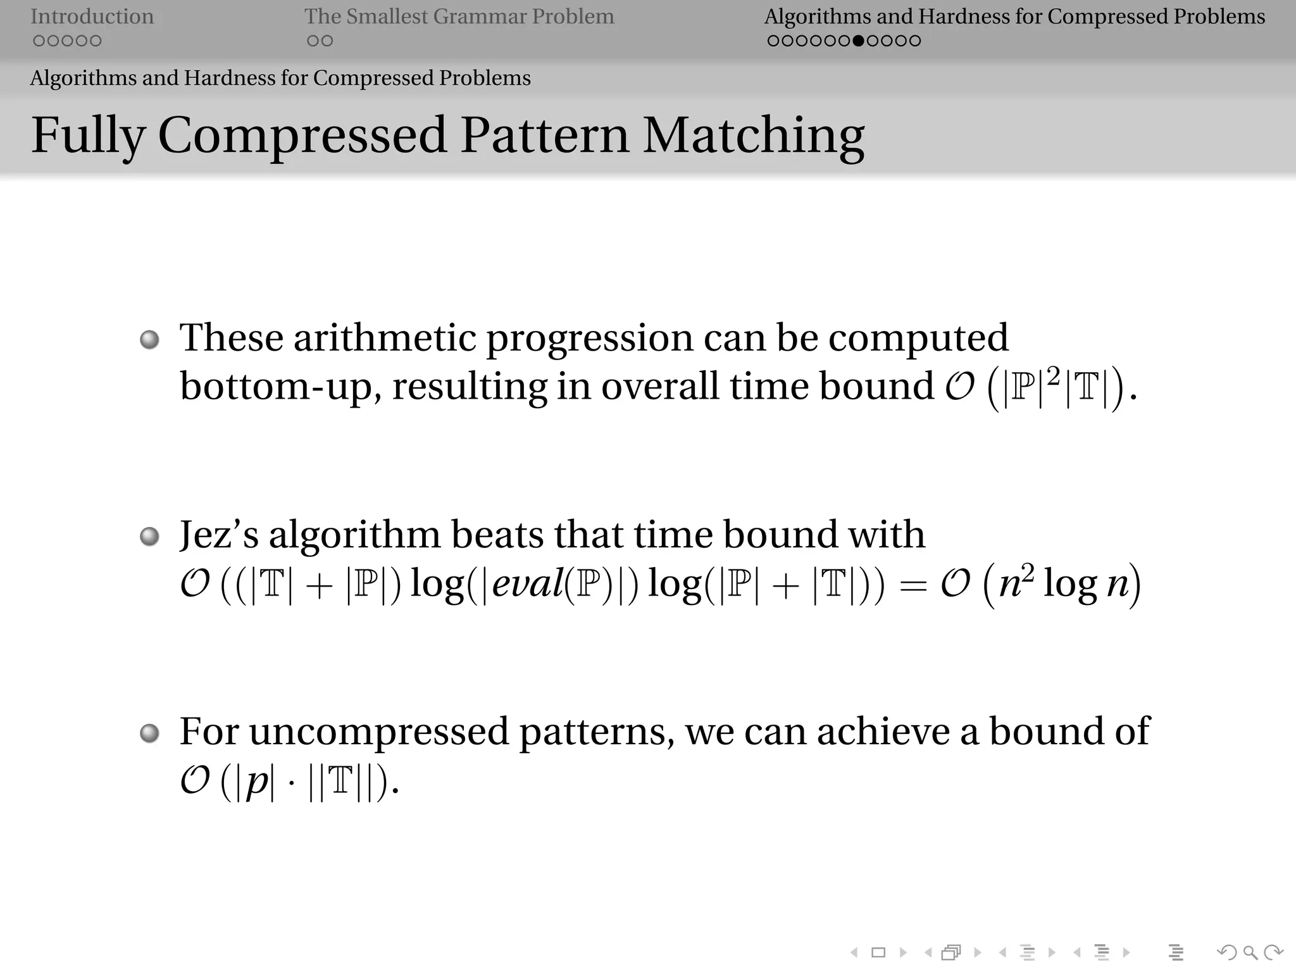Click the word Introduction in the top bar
[x=92, y=16]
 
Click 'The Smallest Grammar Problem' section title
[x=459, y=16]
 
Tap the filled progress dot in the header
[x=858, y=41]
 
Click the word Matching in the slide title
[x=753, y=135]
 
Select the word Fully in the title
[x=88, y=135]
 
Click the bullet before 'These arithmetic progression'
[x=149, y=340]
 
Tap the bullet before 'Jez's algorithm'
[x=149, y=537]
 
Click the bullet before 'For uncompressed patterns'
[x=149, y=734]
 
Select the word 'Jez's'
[x=219, y=535]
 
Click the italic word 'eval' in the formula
[x=526, y=583]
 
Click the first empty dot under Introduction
[x=39, y=41]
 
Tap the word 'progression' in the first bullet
[x=589, y=339]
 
